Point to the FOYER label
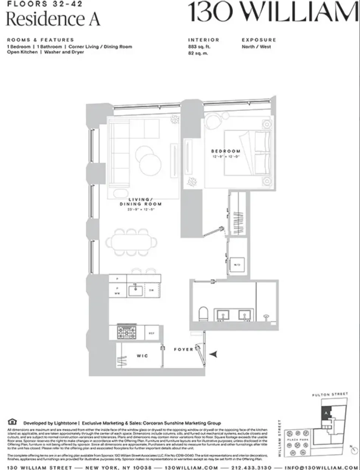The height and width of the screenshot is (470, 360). (x=183, y=350)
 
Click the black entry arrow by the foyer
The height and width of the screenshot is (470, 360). (x=214, y=354)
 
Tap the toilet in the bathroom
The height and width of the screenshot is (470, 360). (x=203, y=314)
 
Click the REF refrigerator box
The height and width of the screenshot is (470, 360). (x=152, y=333)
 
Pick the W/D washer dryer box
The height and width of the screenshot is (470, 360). (x=237, y=264)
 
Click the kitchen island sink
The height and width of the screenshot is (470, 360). (x=135, y=291)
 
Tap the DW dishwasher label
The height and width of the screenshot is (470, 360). (x=151, y=291)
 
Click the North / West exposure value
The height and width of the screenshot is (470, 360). (x=256, y=47)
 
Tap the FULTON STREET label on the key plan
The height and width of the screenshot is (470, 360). (x=330, y=394)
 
